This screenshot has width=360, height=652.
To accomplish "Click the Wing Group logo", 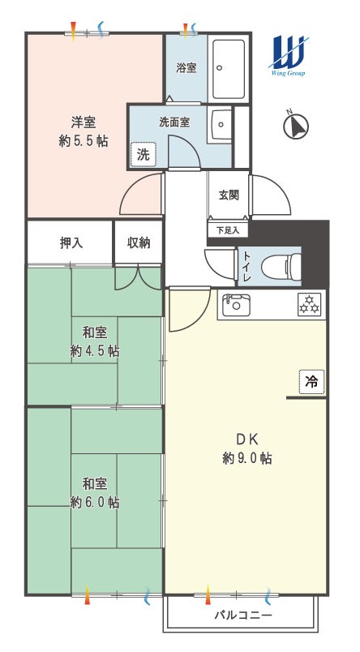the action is tap(289, 56).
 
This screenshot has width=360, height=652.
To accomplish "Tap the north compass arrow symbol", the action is tap(296, 126).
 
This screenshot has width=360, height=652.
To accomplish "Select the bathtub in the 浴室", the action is tap(229, 69).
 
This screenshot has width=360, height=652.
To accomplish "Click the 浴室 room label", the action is tap(186, 68).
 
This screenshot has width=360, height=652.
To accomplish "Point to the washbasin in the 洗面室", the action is tap(221, 126).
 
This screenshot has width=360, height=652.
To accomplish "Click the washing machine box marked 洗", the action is tap(143, 155).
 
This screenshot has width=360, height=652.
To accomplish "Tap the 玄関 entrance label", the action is tap(229, 195).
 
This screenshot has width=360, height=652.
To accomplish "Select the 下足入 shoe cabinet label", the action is tap(228, 230).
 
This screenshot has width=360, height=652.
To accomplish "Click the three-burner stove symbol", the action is tap(309, 305).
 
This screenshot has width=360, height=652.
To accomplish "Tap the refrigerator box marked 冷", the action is tap(311, 381).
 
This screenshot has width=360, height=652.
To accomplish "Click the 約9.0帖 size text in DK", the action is tap(247, 458).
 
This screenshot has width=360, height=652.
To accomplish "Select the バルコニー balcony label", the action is tap(243, 615).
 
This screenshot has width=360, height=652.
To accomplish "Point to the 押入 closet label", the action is tap(71, 243).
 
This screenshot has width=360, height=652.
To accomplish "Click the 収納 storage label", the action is tap(139, 242).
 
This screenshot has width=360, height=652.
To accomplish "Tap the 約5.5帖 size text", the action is tap(84, 141).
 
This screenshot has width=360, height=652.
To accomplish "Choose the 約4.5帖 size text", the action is tap(95, 351).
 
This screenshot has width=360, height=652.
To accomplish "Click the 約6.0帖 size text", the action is tap(95, 502).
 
